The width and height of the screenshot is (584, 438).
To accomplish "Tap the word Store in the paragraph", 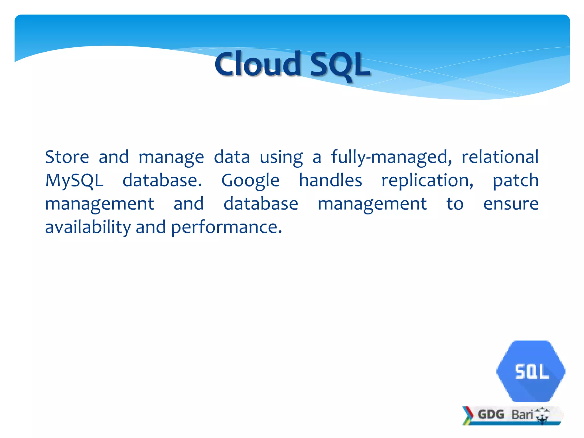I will [x=67, y=157].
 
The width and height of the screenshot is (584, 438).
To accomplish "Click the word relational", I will [x=500, y=157].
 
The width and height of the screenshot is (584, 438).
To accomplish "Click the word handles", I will [x=330, y=181].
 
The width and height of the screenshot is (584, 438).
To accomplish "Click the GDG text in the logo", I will [x=491, y=414].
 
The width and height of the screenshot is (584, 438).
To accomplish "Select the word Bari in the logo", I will [x=522, y=414].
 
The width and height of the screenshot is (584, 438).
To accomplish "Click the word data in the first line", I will [x=232, y=157].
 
